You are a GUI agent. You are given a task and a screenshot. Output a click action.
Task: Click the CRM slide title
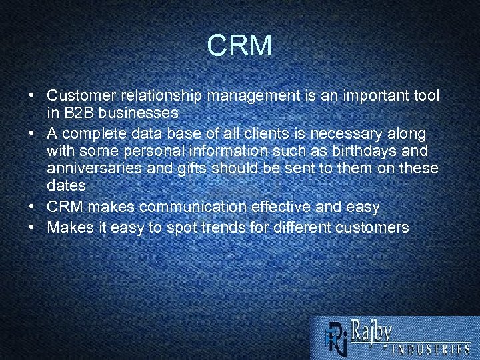[239, 46]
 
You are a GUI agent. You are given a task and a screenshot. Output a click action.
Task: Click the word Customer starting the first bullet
[77, 96]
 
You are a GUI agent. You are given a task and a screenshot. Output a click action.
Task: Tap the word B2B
[79, 111]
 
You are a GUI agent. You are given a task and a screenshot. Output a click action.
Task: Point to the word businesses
[139, 111]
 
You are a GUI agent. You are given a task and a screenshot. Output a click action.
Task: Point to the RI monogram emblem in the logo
[335, 337]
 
